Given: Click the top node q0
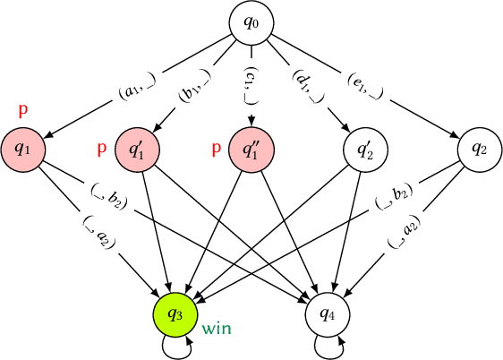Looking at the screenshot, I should click(251, 21).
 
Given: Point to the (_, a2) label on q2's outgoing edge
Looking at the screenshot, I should click(405, 232).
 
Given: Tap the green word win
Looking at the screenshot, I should click(217, 329).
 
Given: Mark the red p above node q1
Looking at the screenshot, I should click(23, 110).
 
